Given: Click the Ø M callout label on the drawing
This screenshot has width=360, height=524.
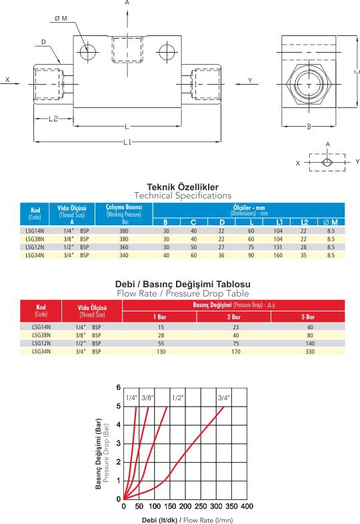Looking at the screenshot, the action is click(x=61, y=19).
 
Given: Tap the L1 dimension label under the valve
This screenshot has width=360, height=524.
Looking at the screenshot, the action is click(x=127, y=142).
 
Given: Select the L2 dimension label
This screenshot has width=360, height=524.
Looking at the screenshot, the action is click(x=53, y=119).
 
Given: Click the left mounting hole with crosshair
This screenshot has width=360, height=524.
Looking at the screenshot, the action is click(x=88, y=53).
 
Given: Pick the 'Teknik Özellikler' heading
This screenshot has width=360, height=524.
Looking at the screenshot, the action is click(x=183, y=187).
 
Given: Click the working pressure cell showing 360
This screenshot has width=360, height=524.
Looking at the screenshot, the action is click(x=124, y=247).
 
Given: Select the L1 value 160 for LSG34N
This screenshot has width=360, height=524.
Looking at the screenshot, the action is click(x=278, y=255).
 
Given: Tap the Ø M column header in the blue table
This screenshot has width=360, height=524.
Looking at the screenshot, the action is click(x=331, y=222).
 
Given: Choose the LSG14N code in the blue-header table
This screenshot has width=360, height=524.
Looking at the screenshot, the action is click(x=35, y=231).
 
